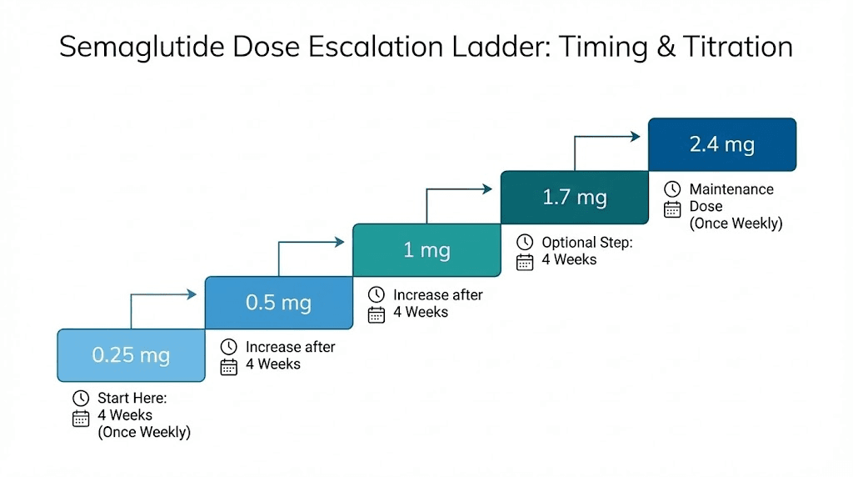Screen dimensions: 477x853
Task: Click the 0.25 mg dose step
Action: (x=131, y=355)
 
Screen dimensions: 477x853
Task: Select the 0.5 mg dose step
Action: (x=278, y=303)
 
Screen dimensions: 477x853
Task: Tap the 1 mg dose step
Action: (x=426, y=249)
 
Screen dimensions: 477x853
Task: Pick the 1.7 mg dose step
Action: (x=574, y=198)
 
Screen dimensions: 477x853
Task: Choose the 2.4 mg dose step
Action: (x=721, y=144)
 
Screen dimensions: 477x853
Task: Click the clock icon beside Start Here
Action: (x=81, y=399)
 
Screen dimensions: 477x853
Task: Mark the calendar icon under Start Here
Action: (x=81, y=419)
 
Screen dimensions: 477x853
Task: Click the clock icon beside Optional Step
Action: (x=525, y=243)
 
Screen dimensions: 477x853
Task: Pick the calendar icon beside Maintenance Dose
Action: (x=672, y=209)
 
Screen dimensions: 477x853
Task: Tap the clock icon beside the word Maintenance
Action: (x=672, y=189)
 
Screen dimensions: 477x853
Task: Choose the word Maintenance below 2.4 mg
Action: (x=731, y=189)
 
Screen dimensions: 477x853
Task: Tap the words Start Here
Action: (x=132, y=399)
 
